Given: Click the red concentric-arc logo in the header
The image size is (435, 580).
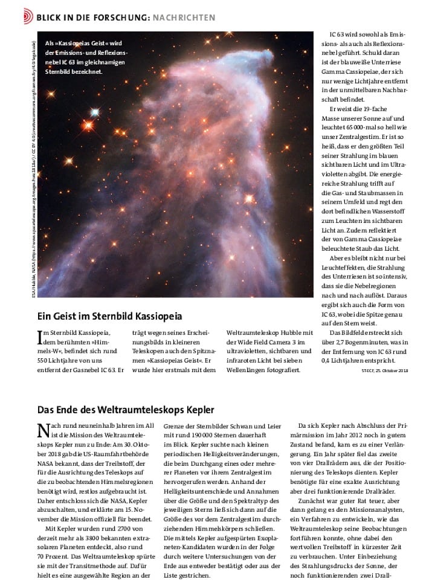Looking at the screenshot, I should (x=27, y=17).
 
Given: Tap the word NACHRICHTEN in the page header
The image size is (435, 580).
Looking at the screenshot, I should (x=184, y=18).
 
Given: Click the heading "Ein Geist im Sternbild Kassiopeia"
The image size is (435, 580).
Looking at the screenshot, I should (x=109, y=315).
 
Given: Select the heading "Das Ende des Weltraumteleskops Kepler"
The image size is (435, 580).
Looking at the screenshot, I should (x=126, y=410).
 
